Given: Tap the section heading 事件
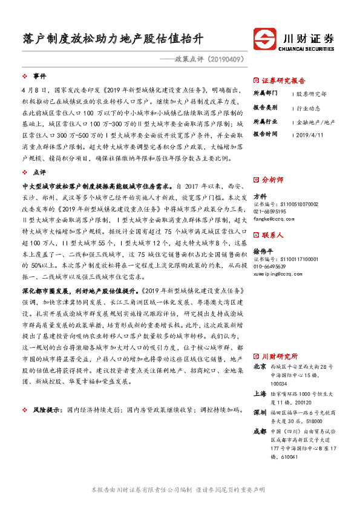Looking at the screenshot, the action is (39, 76).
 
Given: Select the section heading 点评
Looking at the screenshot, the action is (39, 172).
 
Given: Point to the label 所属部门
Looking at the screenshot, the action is (265, 94).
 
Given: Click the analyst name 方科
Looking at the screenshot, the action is (260, 196).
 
